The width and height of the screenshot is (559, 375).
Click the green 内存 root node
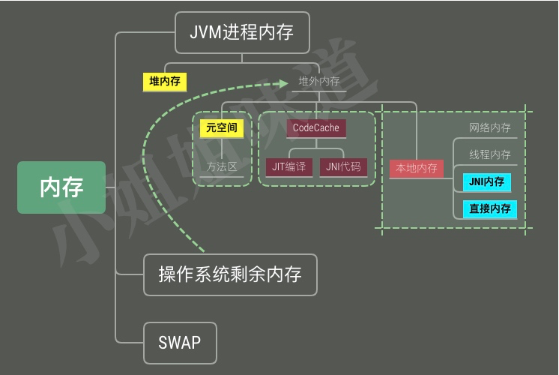click(61, 187)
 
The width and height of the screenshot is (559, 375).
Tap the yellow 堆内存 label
click(164, 82)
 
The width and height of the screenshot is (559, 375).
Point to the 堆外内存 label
click(319, 82)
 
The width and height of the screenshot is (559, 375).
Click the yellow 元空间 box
click(222, 128)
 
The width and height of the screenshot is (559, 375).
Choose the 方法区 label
click(222, 166)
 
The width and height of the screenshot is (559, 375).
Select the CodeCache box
click(315, 128)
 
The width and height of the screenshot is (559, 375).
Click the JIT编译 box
click(289, 167)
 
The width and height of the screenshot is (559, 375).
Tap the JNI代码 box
click(343, 167)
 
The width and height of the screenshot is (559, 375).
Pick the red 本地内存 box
click(417, 169)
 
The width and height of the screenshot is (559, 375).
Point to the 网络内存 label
click(490, 128)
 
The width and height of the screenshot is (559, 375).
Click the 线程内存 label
click(490, 155)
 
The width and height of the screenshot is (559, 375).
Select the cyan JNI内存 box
click(486, 181)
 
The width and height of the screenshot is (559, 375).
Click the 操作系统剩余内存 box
click(230, 274)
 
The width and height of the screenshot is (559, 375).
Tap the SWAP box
click(180, 343)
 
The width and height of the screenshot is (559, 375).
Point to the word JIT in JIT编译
click(279, 167)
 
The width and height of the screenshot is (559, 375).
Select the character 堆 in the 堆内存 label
click(154, 82)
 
